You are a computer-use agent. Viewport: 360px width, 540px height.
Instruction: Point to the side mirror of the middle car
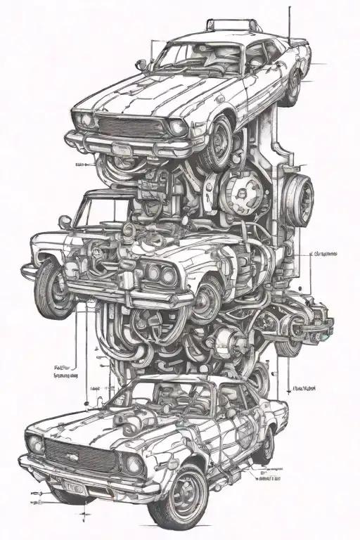click(x=65, y=221)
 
